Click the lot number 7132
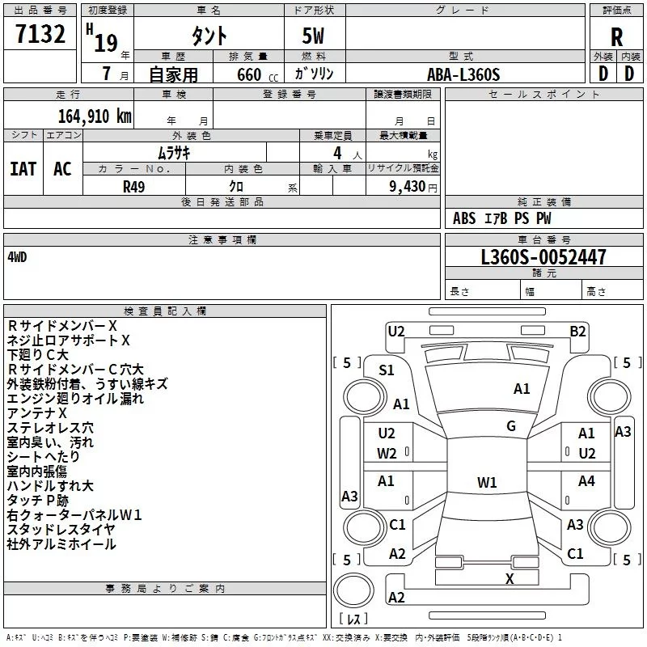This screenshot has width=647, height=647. click(40, 34)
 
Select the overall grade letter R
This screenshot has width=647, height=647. click(616, 37)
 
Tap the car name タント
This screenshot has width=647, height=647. click(209, 36)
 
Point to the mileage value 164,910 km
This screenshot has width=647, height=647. click(95, 116)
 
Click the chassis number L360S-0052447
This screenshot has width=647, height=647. click(543, 257)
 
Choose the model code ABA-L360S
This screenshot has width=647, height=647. click(463, 74)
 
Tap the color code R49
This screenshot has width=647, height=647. click(133, 187)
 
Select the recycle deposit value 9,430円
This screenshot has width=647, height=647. click(413, 187)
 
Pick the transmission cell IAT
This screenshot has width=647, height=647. click(23, 169)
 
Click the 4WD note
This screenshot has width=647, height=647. click(17, 257)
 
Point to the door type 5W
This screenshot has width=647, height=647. click(313, 36)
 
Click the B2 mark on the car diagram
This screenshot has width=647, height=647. click(577, 332)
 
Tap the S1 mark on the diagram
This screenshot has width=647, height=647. click(387, 370)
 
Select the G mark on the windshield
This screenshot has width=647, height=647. click(511, 425)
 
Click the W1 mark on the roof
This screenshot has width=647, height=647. click(487, 482)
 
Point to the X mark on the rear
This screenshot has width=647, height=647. click(510, 579)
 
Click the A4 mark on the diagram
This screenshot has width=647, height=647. click(586, 480)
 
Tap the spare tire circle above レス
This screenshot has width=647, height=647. click(353, 590)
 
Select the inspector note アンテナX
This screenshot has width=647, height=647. click(36, 413)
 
